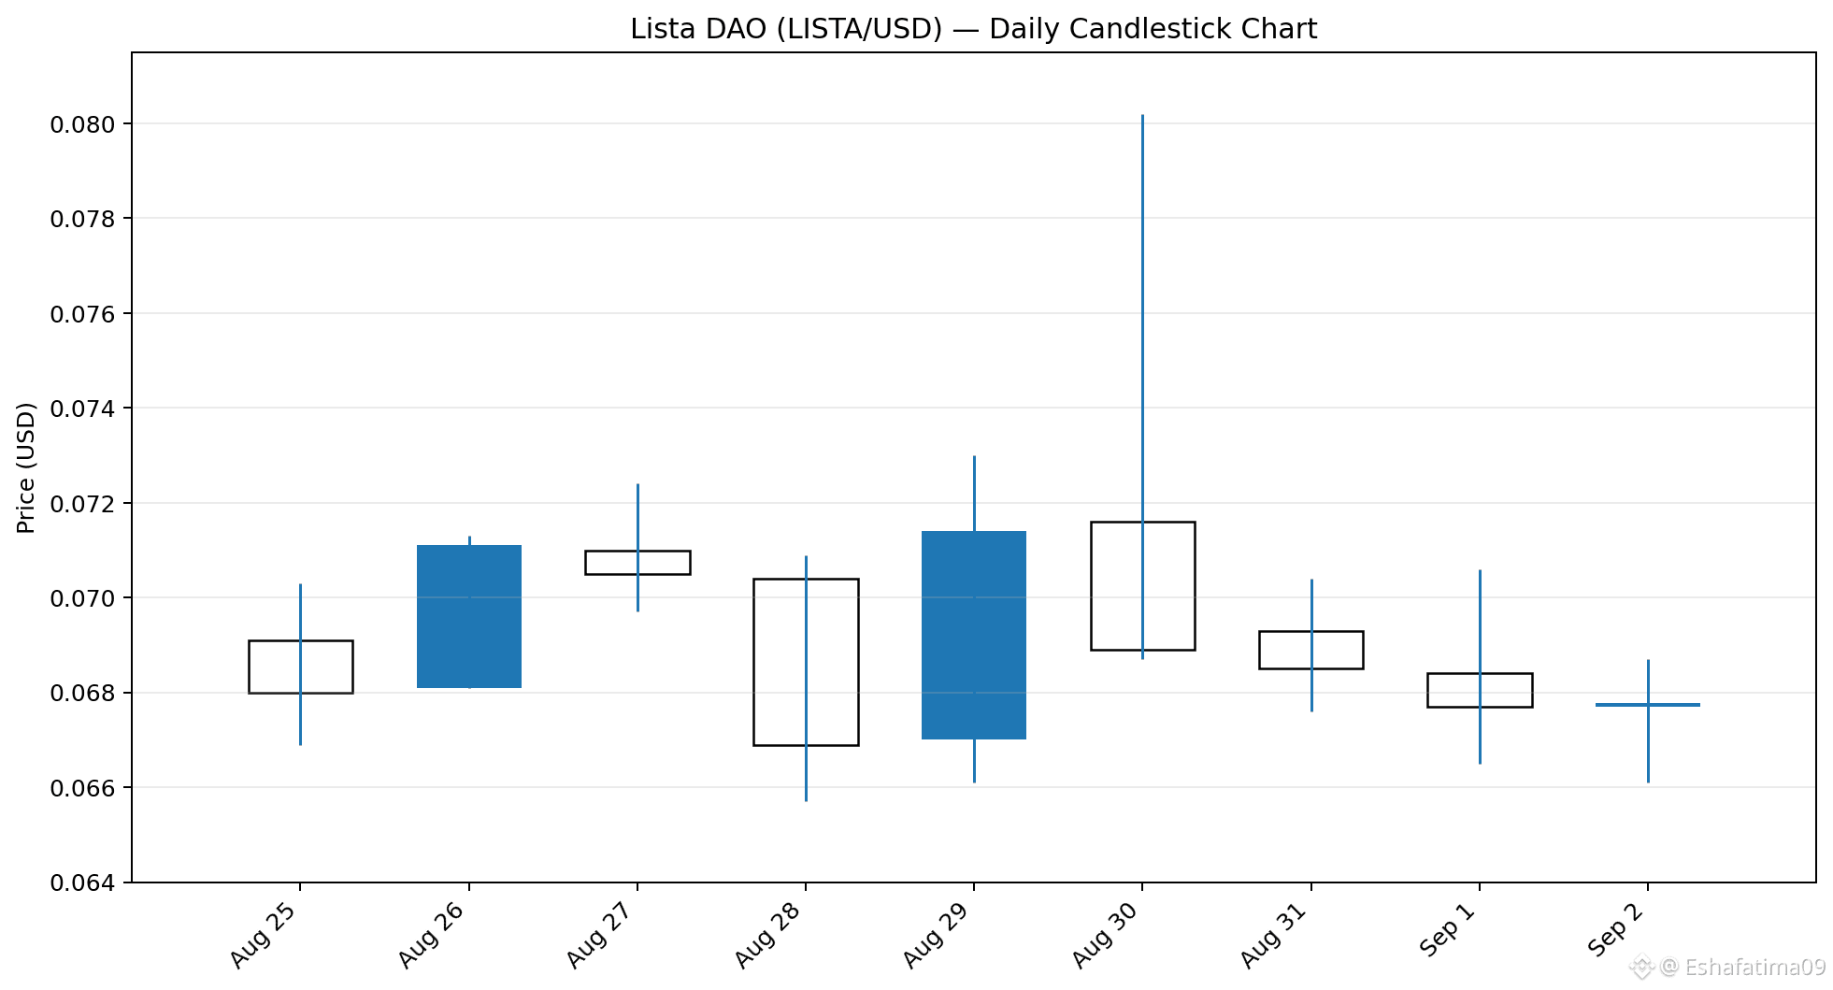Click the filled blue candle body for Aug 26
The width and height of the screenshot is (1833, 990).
(469, 616)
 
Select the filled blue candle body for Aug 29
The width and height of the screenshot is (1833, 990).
(974, 635)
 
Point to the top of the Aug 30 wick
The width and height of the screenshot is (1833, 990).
(1142, 115)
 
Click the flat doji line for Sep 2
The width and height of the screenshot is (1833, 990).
(1648, 705)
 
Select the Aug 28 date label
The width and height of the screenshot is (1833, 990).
(768, 936)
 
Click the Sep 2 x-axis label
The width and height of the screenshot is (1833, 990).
(1617, 929)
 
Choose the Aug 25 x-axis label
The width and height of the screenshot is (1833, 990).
(264, 936)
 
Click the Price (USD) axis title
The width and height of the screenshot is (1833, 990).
(26, 467)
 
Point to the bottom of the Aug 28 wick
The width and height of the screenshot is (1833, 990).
(806, 801)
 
